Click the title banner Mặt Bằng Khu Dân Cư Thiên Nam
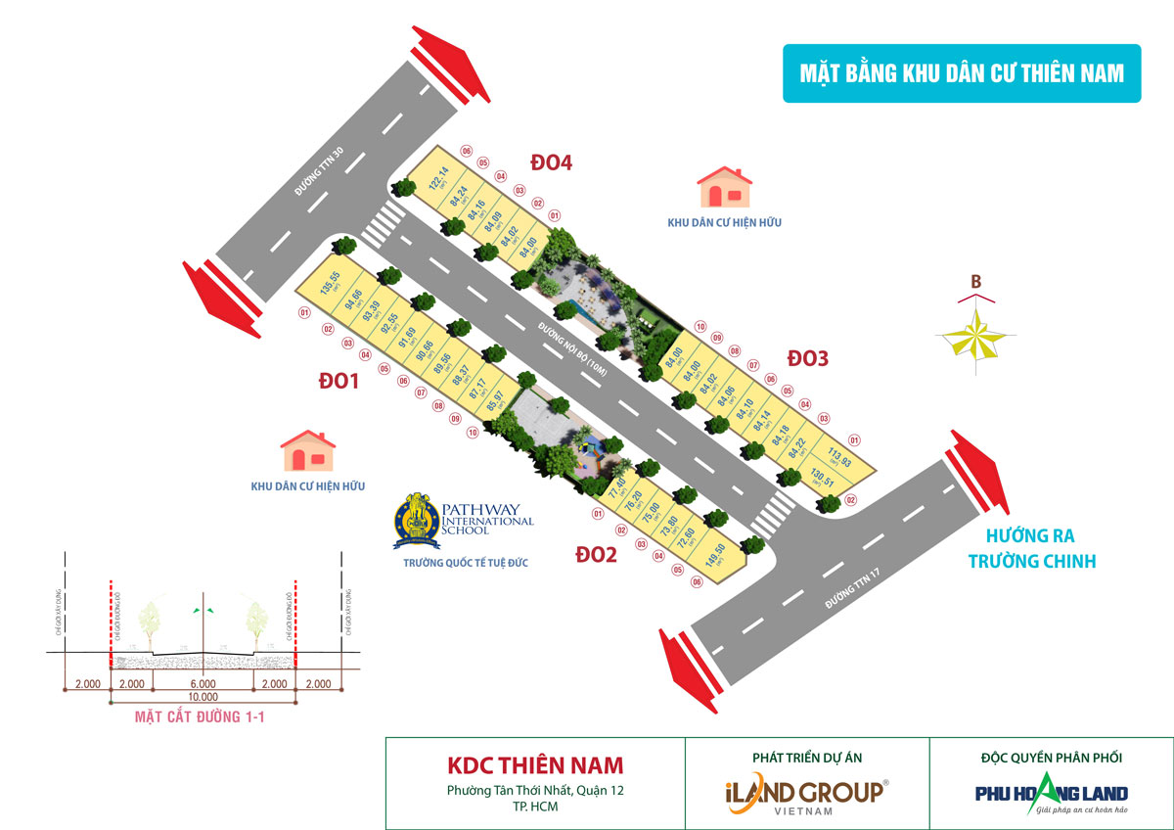coord(961,73)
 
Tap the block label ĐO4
coord(551,162)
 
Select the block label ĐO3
coord(808,359)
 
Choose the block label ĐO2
coord(596,555)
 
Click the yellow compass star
coord(976,336)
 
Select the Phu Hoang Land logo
coord(1051,793)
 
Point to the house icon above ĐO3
coord(724,186)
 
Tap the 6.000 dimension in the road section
coord(203,684)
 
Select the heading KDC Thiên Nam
coord(535,764)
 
